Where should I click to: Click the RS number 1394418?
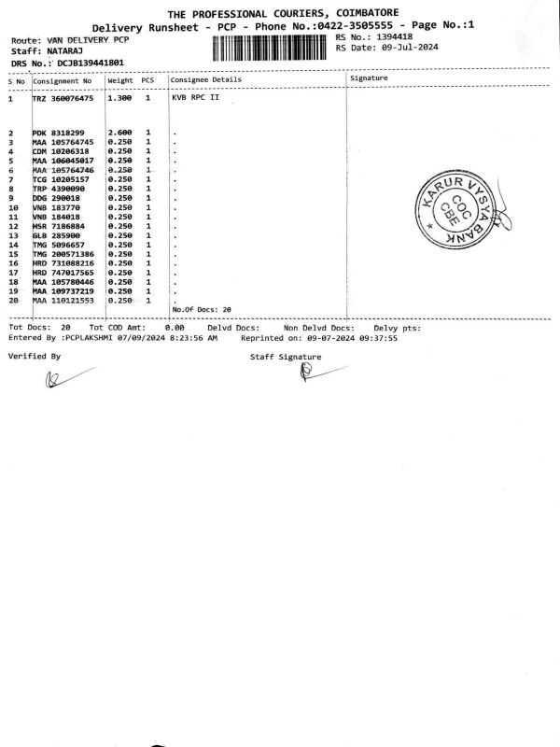[x=387, y=37]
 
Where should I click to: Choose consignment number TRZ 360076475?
[x=63, y=98]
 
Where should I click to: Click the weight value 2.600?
[x=119, y=133]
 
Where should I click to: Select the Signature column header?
[x=368, y=79]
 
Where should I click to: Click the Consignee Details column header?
[x=205, y=79]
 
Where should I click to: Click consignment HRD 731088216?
[x=63, y=263]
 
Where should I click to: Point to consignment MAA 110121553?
[x=63, y=301]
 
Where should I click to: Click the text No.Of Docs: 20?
[x=202, y=309]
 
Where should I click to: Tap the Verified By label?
[x=35, y=357]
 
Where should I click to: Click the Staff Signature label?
[x=286, y=357]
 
